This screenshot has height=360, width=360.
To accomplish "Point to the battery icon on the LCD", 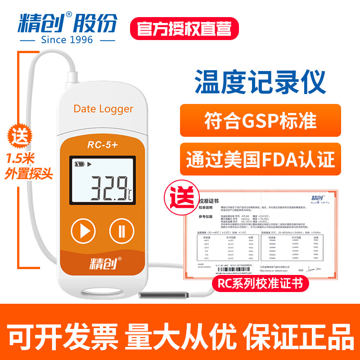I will (80, 165).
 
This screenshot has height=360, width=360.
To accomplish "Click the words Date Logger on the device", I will (103, 109).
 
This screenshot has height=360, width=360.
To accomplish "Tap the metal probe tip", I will (163, 295).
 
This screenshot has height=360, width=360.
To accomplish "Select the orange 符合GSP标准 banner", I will (260, 121).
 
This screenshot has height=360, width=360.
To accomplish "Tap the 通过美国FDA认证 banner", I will (260, 159).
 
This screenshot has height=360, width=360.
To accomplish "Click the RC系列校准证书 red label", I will (257, 284).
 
